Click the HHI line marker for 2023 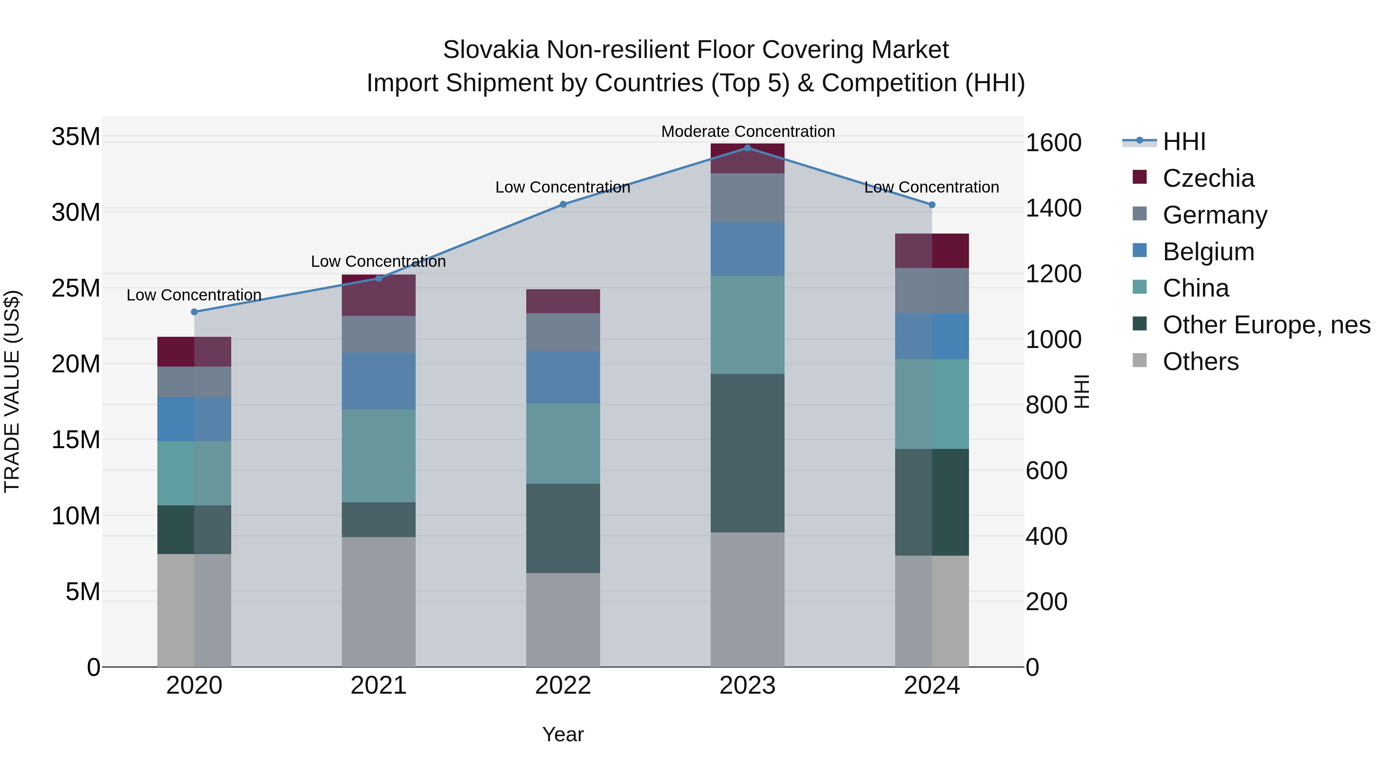point(747,148)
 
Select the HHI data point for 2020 point(194,312)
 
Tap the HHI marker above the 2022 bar point(563,204)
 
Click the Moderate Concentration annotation point(748,131)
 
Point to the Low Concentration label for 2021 point(378,261)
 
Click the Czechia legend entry point(1208,178)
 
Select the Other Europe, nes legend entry point(1266,325)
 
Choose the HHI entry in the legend point(1184,142)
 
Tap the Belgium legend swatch point(1140,251)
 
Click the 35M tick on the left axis point(76,137)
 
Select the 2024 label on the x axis point(931,686)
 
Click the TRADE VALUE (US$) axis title point(12,391)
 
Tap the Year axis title point(563,734)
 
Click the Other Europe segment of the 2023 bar point(747,453)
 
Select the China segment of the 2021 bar point(378,455)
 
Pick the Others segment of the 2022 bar point(563,619)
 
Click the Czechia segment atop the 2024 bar point(931,251)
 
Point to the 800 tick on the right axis point(1047,405)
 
